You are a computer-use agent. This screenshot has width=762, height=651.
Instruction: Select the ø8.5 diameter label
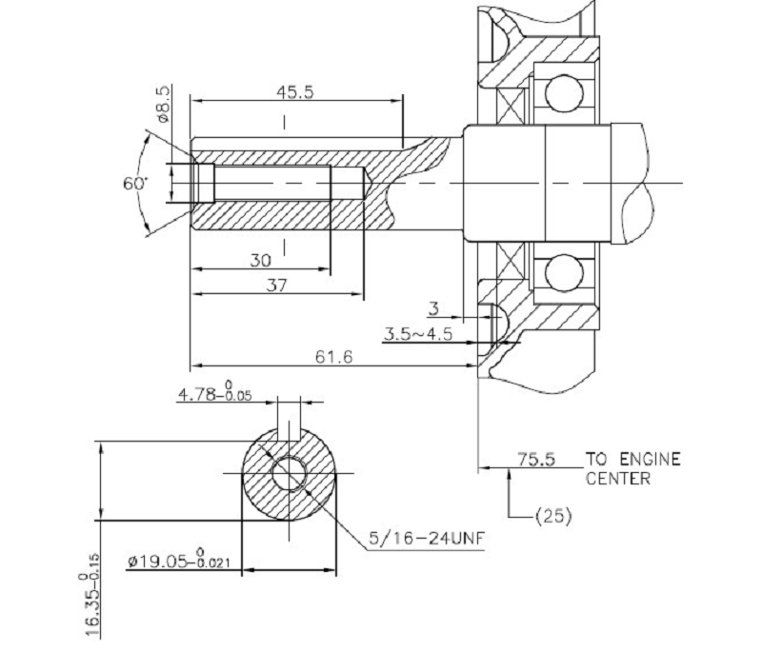(163, 103)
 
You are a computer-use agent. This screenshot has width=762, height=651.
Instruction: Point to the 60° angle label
(134, 183)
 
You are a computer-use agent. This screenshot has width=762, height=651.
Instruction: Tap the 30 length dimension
(259, 260)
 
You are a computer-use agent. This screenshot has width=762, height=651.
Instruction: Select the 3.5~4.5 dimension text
(417, 334)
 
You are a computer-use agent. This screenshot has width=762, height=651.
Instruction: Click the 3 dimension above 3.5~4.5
(433, 308)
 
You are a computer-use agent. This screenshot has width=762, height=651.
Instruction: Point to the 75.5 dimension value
(535, 459)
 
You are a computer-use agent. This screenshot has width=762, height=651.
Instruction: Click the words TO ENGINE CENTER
(632, 468)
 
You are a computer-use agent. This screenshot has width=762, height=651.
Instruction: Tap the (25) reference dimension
(553, 517)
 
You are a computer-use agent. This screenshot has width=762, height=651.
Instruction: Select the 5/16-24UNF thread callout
(428, 540)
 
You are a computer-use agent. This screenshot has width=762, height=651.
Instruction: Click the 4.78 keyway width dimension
(214, 395)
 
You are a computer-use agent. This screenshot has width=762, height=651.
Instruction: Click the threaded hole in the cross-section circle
(288, 473)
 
